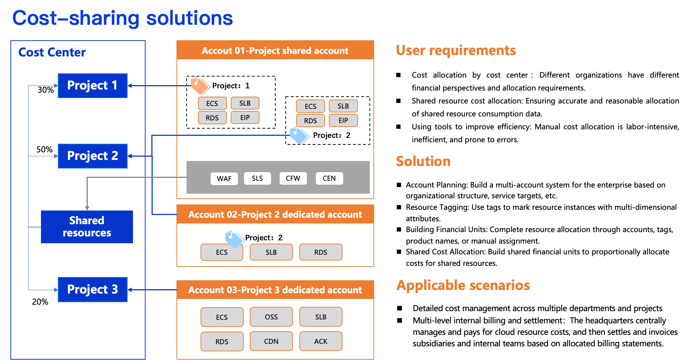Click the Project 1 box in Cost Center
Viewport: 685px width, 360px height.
click(92, 86)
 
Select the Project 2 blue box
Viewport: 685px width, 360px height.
click(92, 156)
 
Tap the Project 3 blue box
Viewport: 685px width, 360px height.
click(92, 290)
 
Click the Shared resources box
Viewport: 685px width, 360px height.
click(87, 227)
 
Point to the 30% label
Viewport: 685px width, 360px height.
click(46, 90)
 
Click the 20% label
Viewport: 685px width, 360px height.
click(40, 302)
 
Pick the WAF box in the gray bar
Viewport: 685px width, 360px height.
click(224, 179)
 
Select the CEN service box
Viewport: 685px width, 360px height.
click(329, 179)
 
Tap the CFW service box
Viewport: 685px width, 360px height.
click(293, 179)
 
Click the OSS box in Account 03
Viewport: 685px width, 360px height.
click(271, 317)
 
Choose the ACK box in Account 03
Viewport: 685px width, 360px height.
click(321, 341)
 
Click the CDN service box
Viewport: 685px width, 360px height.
click(271, 341)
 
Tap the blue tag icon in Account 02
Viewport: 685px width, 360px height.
click(234, 239)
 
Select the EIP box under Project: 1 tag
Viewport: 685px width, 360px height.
click(245, 117)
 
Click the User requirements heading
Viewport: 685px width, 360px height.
click(456, 50)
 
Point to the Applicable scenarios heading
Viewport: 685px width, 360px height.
click(463, 285)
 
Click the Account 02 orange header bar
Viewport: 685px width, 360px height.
click(275, 214)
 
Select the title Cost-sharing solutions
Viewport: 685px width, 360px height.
click(123, 18)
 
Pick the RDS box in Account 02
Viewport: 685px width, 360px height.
click(321, 252)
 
